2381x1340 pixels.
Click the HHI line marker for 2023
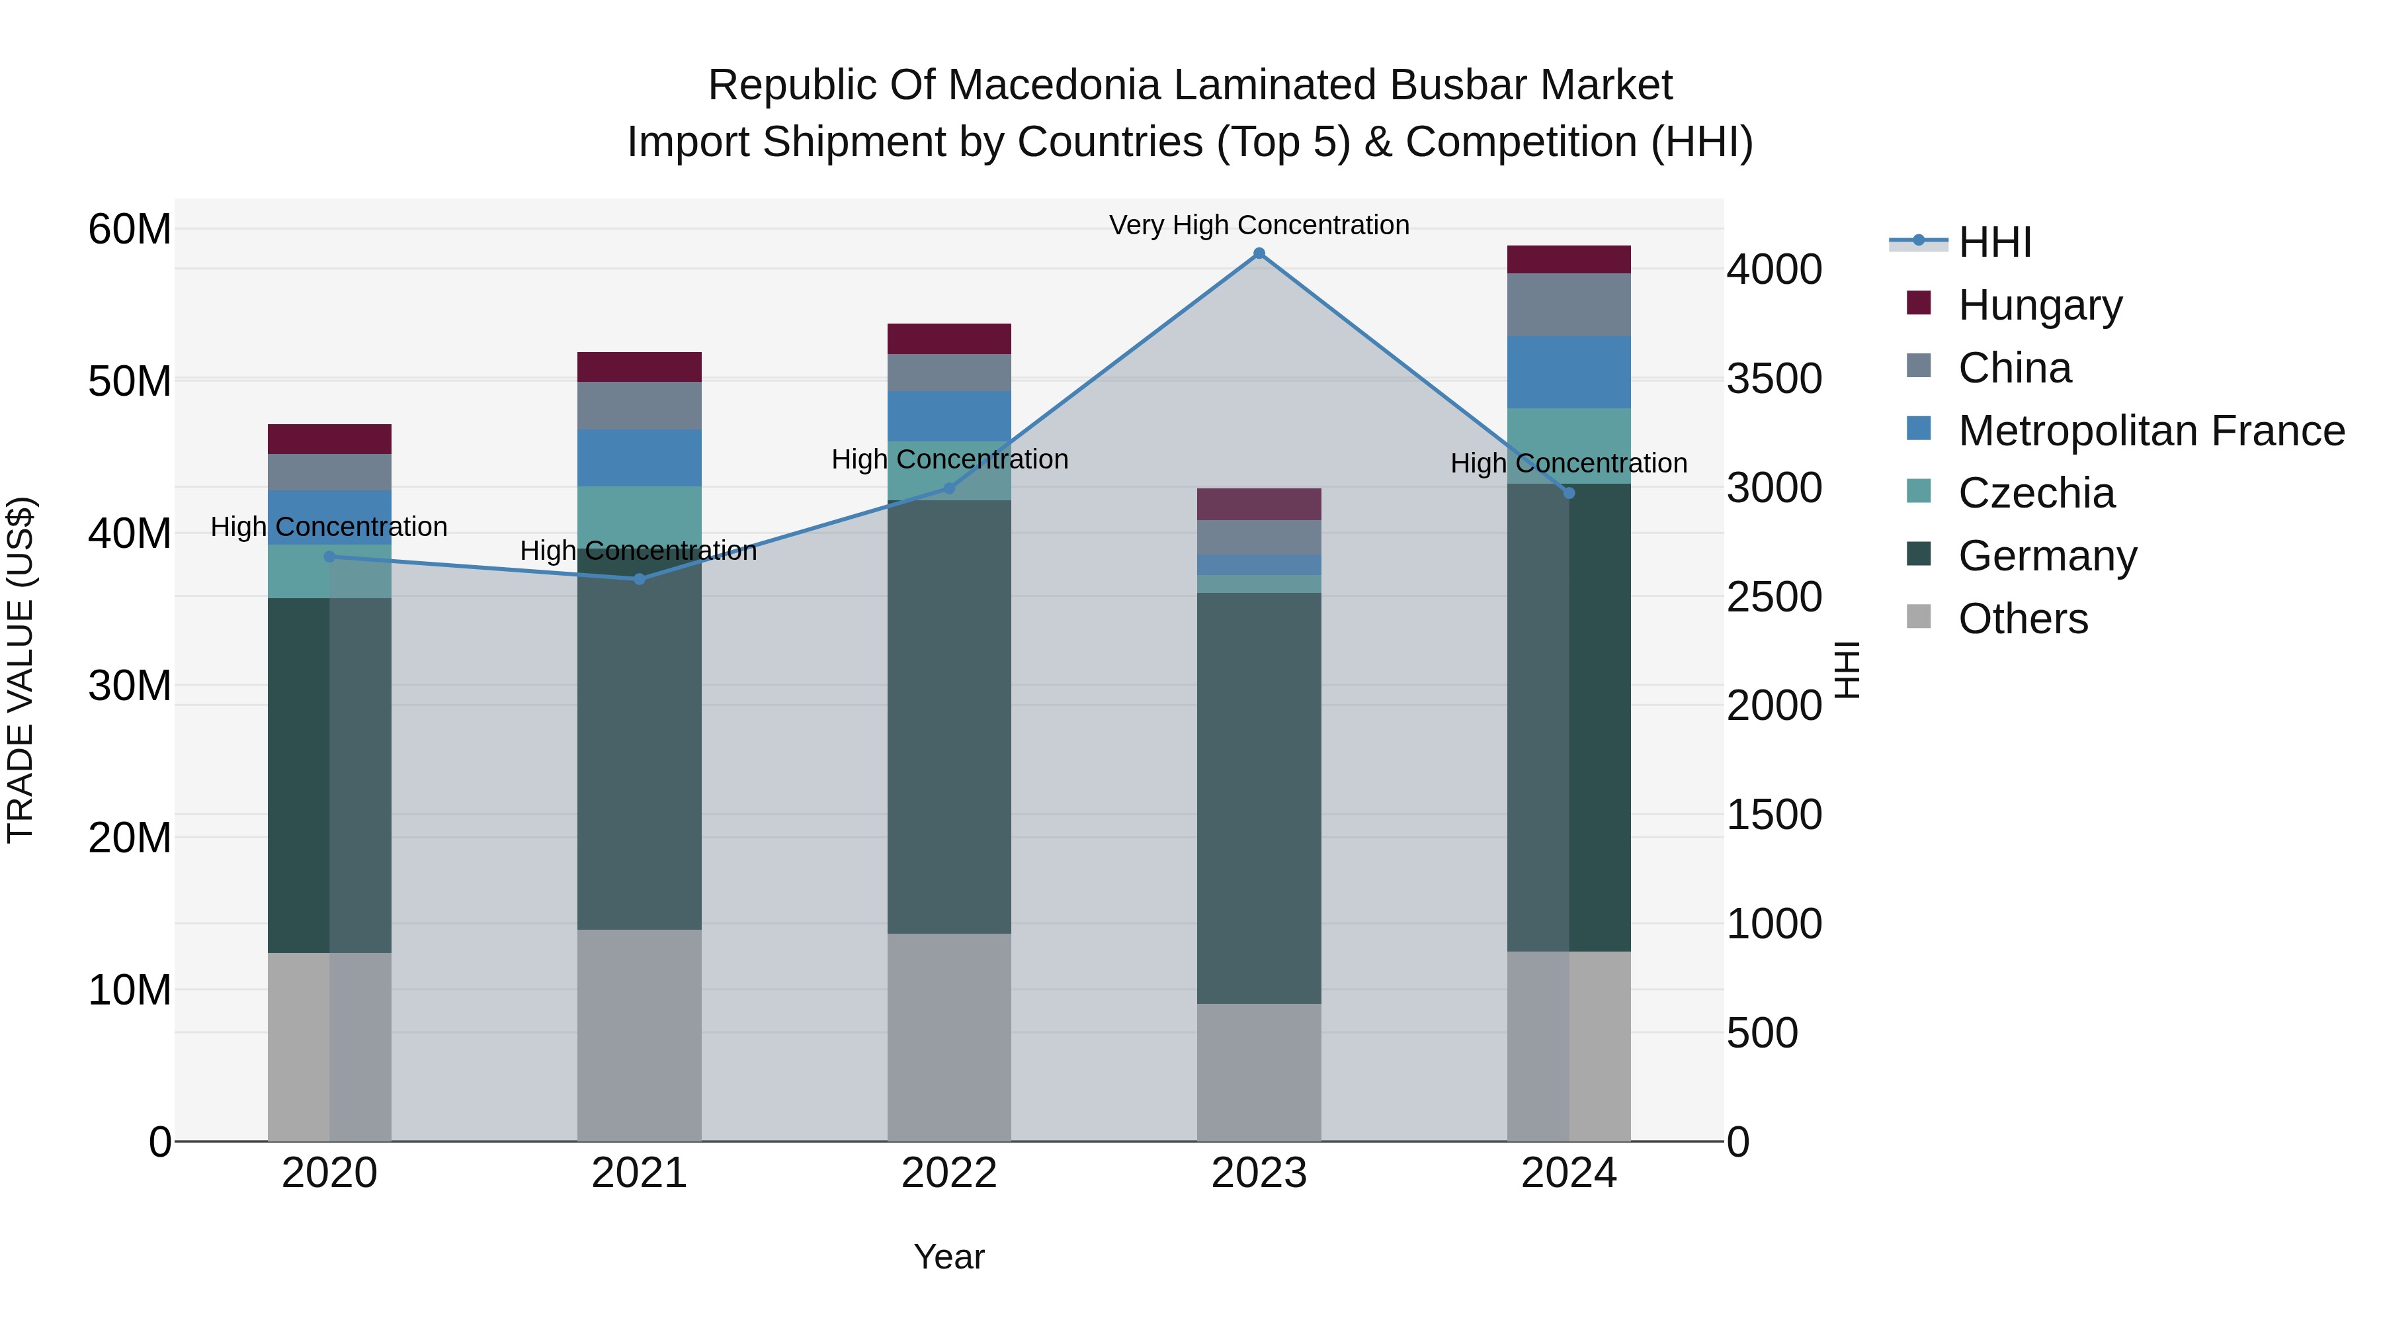click(1259, 253)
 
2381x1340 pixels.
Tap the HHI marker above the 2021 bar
click(639, 579)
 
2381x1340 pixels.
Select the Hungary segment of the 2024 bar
click(1569, 260)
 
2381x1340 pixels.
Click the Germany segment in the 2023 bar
click(1259, 797)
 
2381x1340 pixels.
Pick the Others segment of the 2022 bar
click(949, 1037)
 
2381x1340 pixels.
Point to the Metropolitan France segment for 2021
click(639, 458)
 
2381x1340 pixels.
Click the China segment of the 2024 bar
click(1569, 305)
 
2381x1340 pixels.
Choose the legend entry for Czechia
click(2036, 493)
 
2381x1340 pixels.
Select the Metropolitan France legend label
click(2151, 431)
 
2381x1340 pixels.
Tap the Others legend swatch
click(1919, 617)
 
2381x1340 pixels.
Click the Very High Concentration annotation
click(1259, 225)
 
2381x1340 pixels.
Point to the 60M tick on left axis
click(130, 230)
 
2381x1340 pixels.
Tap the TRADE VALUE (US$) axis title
click(21, 670)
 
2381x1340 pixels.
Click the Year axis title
click(949, 1257)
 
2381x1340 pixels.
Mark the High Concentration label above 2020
click(329, 527)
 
